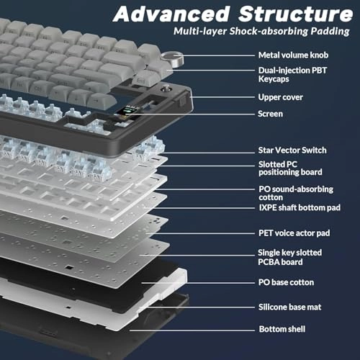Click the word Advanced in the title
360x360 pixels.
click(171, 14)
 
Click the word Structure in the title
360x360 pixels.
click(295, 14)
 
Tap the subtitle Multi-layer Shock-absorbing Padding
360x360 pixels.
click(261, 32)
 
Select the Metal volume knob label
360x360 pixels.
click(293, 55)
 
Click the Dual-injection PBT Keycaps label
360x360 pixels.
click(292, 75)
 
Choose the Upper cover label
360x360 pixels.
click(280, 97)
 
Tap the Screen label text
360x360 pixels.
click(270, 114)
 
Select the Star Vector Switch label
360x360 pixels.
click(292, 150)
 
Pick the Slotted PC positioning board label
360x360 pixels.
click(290, 168)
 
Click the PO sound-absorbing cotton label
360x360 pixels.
click(296, 193)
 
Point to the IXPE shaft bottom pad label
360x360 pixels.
click(300, 207)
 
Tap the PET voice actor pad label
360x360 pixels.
click(294, 233)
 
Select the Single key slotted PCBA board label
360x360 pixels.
click(289, 257)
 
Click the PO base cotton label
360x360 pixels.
click(286, 282)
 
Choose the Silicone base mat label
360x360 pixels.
click(289, 307)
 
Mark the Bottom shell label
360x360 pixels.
click(282, 329)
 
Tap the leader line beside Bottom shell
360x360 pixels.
click(192, 330)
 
